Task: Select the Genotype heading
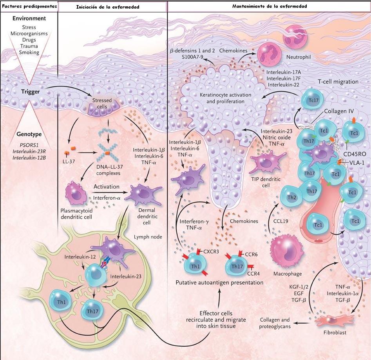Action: click(x=29, y=134)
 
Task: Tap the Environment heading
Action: click(x=29, y=18)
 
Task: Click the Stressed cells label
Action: click(x=102, y=103)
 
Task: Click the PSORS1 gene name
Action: click(x=29, y=144)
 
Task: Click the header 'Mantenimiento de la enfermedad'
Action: click(x=269, y=6)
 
